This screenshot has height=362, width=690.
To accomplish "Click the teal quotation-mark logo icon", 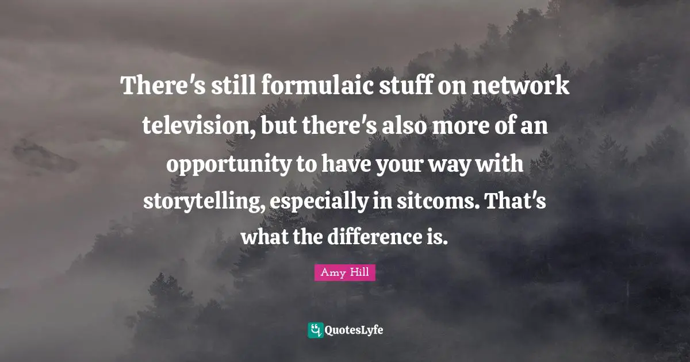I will coord(316,330).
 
